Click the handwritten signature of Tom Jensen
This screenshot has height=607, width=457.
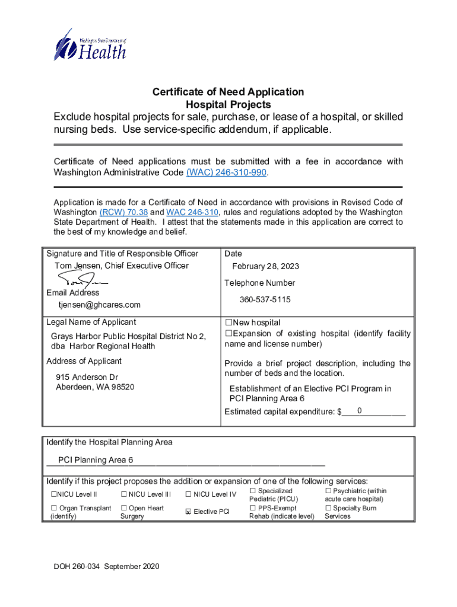coord(83,279)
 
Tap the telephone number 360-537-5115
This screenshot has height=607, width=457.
coord(265,300)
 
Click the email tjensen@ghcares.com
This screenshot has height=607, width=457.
coord(99,305)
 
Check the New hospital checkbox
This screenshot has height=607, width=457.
coord(228,323)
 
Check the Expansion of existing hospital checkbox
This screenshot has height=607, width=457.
coord(228,334)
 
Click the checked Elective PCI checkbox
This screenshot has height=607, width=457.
coord(189,512)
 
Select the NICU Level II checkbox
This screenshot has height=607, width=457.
coord(53,494)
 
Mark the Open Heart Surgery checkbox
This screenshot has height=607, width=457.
coord(123,508)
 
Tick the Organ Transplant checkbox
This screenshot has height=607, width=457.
coord(53,508)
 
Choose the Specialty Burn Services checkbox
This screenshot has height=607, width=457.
coord(328,508)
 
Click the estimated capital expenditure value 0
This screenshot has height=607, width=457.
coord(360,411)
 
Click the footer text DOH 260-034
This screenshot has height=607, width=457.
coord(78,567)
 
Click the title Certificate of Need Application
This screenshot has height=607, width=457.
coord(228,92)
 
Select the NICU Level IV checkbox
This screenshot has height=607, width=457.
coord(189,494)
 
